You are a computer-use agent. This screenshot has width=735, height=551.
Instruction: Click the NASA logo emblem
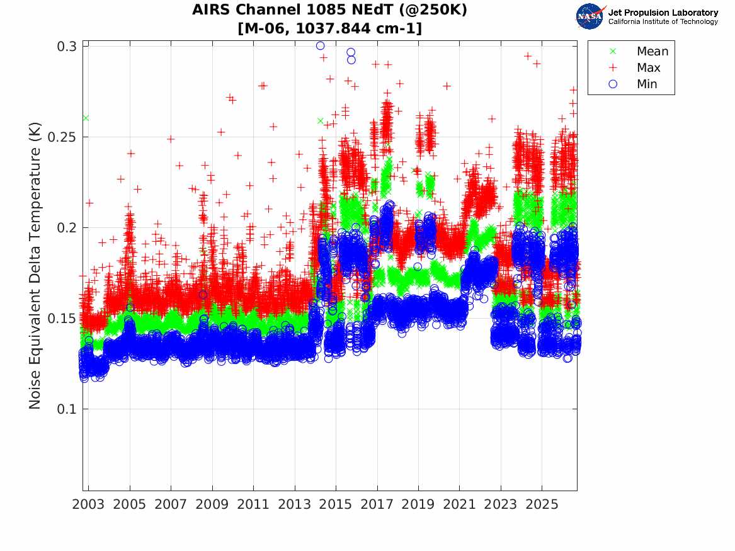pyautogui.click(x=590, y=16)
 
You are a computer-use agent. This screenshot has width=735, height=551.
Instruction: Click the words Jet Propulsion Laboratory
pyautogui.click(x=663, y=13)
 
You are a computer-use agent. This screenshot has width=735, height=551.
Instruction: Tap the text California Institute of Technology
pyautogui.click(x=663, y=21)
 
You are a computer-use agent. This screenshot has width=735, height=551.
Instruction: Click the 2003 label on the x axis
pyautogui.click(x=88, y=504)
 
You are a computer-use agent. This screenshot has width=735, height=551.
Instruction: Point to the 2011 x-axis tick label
pyautogui.click(x=253, y=504)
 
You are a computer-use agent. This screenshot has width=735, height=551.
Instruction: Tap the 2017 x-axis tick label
pyautogui.click(x=377, y=504)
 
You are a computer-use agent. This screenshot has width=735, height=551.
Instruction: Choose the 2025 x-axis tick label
pyautogui.click(x=542, y=504)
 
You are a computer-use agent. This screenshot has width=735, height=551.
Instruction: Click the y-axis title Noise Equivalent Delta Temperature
pyautogui.click(x=35, y=266)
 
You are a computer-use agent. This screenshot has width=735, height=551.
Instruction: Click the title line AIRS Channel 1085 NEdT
pyautogui.click(x=329, y=9)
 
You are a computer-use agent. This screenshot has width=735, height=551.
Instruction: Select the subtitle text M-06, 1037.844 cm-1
pyautogui.click(x=329, y=28)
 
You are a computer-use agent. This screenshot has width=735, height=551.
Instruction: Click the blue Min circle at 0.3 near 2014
pyautogui.click(x=320, y=46)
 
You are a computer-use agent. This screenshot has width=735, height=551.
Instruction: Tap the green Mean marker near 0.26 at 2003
pyautogui.click(x=86, y=118)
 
